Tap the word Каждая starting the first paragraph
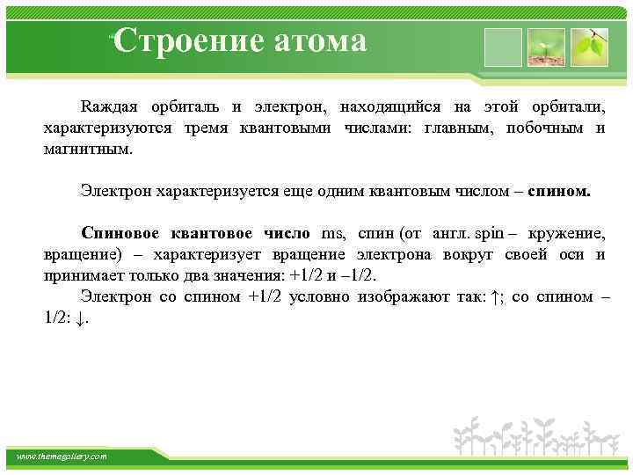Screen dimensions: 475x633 tap(107, 107)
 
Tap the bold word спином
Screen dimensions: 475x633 tap(559, 190)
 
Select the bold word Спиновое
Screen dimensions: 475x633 tap(118, 233)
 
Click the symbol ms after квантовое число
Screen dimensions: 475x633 tap(335, 233)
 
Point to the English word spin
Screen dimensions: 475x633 tap(488, 233)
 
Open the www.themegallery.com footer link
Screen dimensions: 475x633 tap(62, 457)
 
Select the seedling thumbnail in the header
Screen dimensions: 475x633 tap(547, 47)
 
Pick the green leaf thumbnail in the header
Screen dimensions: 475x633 tap(588, 47)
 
